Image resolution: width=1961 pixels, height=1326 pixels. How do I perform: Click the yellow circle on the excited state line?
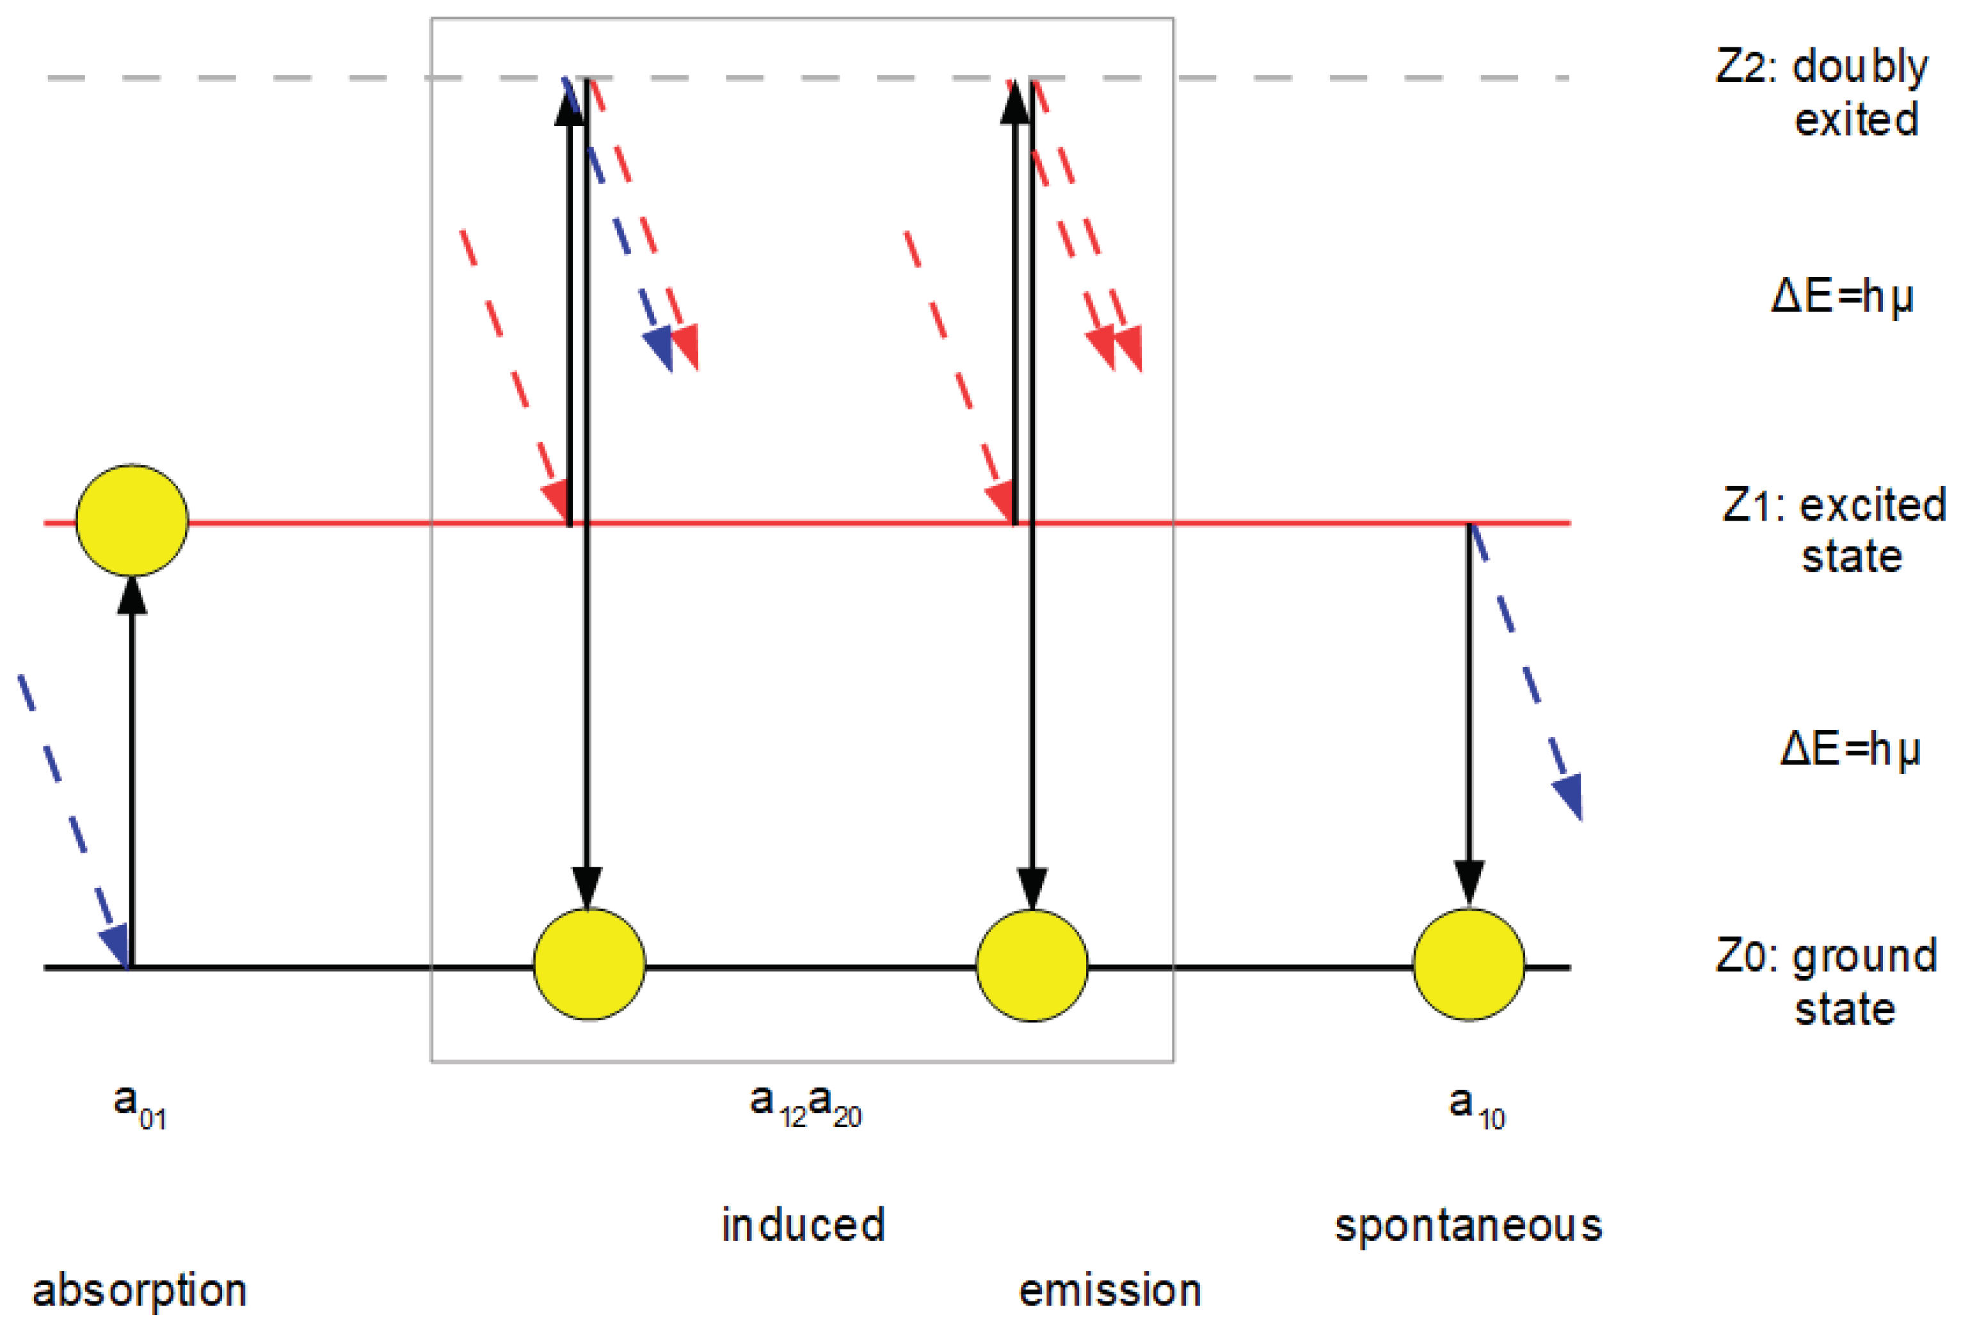[x=132, y=521]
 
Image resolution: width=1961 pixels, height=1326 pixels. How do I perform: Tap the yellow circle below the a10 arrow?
[x=1469, y=964]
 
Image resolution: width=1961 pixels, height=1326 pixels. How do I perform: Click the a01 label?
[x=140, y=1106]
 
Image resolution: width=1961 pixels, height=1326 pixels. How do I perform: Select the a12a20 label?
[x=805, y=1105]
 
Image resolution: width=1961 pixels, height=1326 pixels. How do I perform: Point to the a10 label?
[x=1477, y=1106]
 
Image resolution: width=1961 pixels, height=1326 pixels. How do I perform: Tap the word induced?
[x=803, y=1225]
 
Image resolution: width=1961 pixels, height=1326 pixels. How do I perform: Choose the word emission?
[x=1110, y=1291]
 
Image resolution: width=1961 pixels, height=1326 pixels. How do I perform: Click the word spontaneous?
[x=1468, y=1225]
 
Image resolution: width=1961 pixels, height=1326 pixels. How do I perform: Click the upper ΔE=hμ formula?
[x=1842, y=297]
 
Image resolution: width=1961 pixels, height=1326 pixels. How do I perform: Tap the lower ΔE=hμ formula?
[x=1850, y=749]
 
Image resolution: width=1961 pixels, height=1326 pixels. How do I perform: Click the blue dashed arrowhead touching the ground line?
[x=116, y=945]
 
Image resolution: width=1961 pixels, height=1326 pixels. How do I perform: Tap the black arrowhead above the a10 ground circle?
[x=1469, y=882]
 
